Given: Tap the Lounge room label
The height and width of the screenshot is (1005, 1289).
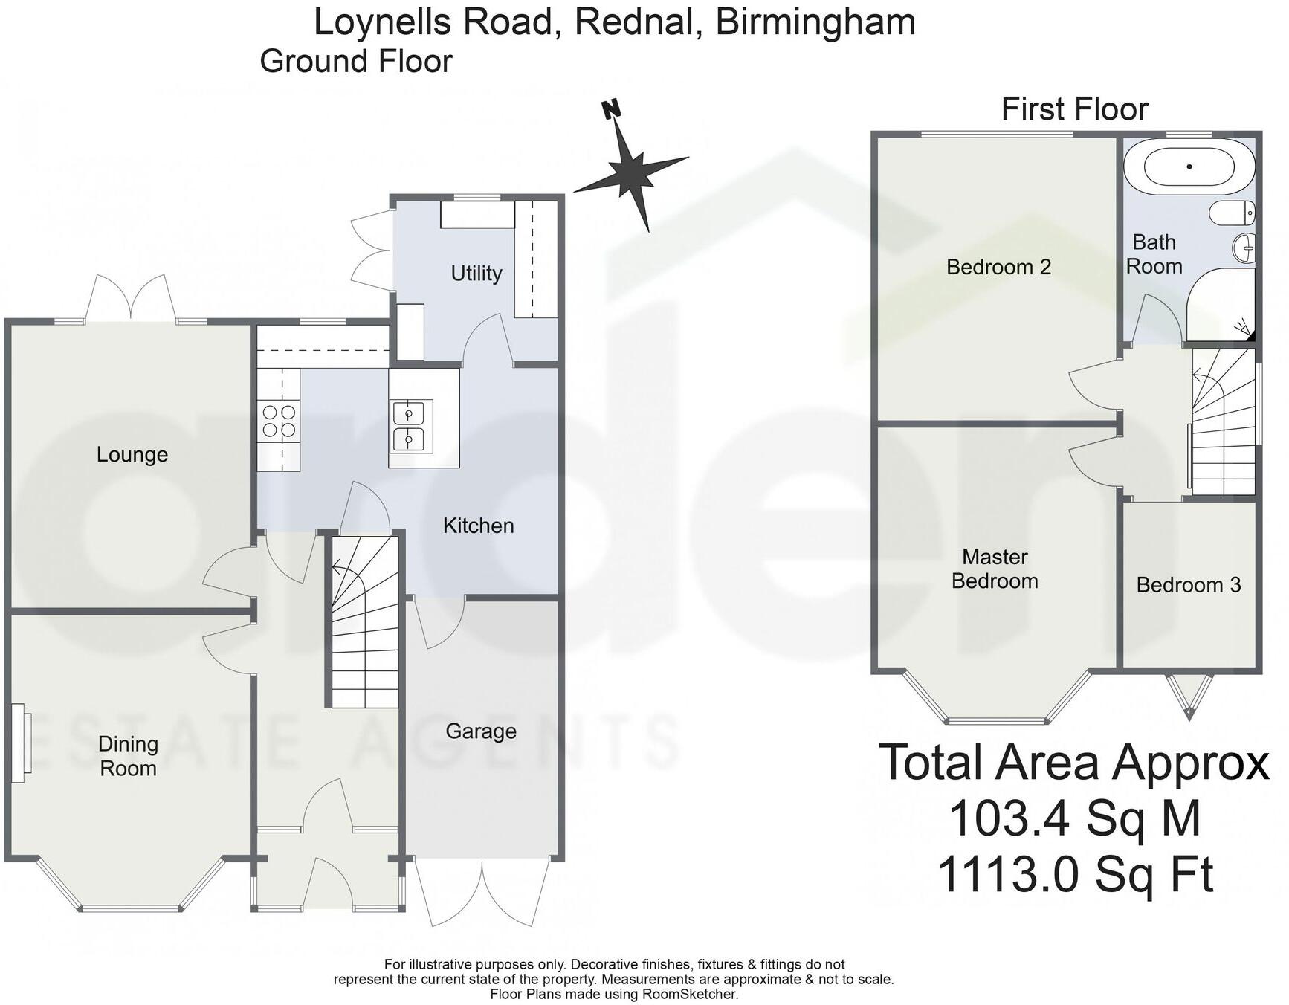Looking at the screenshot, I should click(x=132, y=454).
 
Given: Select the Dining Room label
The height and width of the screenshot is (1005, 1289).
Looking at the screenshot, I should click(x=128, y=756).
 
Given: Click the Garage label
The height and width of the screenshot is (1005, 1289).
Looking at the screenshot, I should click(x=481, y=731).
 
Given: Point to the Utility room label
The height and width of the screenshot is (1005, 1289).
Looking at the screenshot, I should click(x=476, y=273).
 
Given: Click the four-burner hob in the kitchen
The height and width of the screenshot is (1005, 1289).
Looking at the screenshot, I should click(x=279, y=421).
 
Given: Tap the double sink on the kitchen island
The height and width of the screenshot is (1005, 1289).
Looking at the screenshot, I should click(x=409, y=427).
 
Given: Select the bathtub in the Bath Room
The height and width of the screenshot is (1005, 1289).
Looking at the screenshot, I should click(x=1189, y=167).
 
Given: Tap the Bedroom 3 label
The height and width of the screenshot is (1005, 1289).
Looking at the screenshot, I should click(x=1189, y=585).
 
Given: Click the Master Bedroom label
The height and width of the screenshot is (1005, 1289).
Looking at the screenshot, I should click(x=995, y=569).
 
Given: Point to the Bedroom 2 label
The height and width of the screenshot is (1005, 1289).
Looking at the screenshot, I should click(x=998, y=267).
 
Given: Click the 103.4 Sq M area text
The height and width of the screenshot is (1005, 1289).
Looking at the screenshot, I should click(x=1074, y=818).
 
